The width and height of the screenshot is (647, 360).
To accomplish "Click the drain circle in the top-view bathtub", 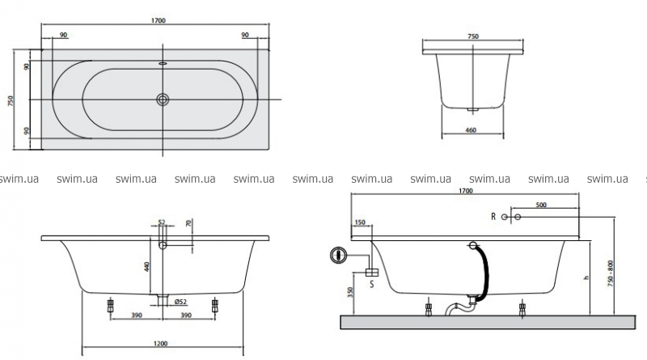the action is click(163, 99).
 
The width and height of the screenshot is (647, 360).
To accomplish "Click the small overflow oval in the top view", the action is click(163, 64).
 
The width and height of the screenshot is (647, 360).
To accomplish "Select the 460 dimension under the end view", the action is click(471, 130).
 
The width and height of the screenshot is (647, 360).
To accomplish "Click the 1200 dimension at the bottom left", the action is click(160, 344).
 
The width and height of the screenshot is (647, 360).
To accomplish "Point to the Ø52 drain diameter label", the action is click(180, 302).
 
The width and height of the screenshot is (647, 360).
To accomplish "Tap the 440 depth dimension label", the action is click(146, 266).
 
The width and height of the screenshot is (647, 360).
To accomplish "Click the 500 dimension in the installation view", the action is click(541, 205).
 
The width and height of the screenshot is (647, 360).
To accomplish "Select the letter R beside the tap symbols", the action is click(493, 216).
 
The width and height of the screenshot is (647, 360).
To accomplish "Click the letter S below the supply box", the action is click(372, 284).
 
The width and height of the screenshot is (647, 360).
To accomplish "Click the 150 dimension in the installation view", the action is click(360, 222).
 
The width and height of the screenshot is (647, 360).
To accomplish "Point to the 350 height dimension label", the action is click(351, 292).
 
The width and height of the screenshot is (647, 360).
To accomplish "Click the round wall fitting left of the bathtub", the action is click(338, 255).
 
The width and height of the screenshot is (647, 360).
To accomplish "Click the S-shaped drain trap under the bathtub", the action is click(459, 307).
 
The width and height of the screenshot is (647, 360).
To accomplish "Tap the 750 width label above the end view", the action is click(473, 36).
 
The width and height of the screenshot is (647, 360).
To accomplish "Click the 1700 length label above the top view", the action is click(158, 21).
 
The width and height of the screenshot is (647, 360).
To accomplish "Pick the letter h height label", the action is click(586, 277).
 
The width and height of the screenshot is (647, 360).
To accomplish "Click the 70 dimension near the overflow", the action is click(188, 223).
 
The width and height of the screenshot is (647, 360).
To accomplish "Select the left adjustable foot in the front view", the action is click(110, 306).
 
